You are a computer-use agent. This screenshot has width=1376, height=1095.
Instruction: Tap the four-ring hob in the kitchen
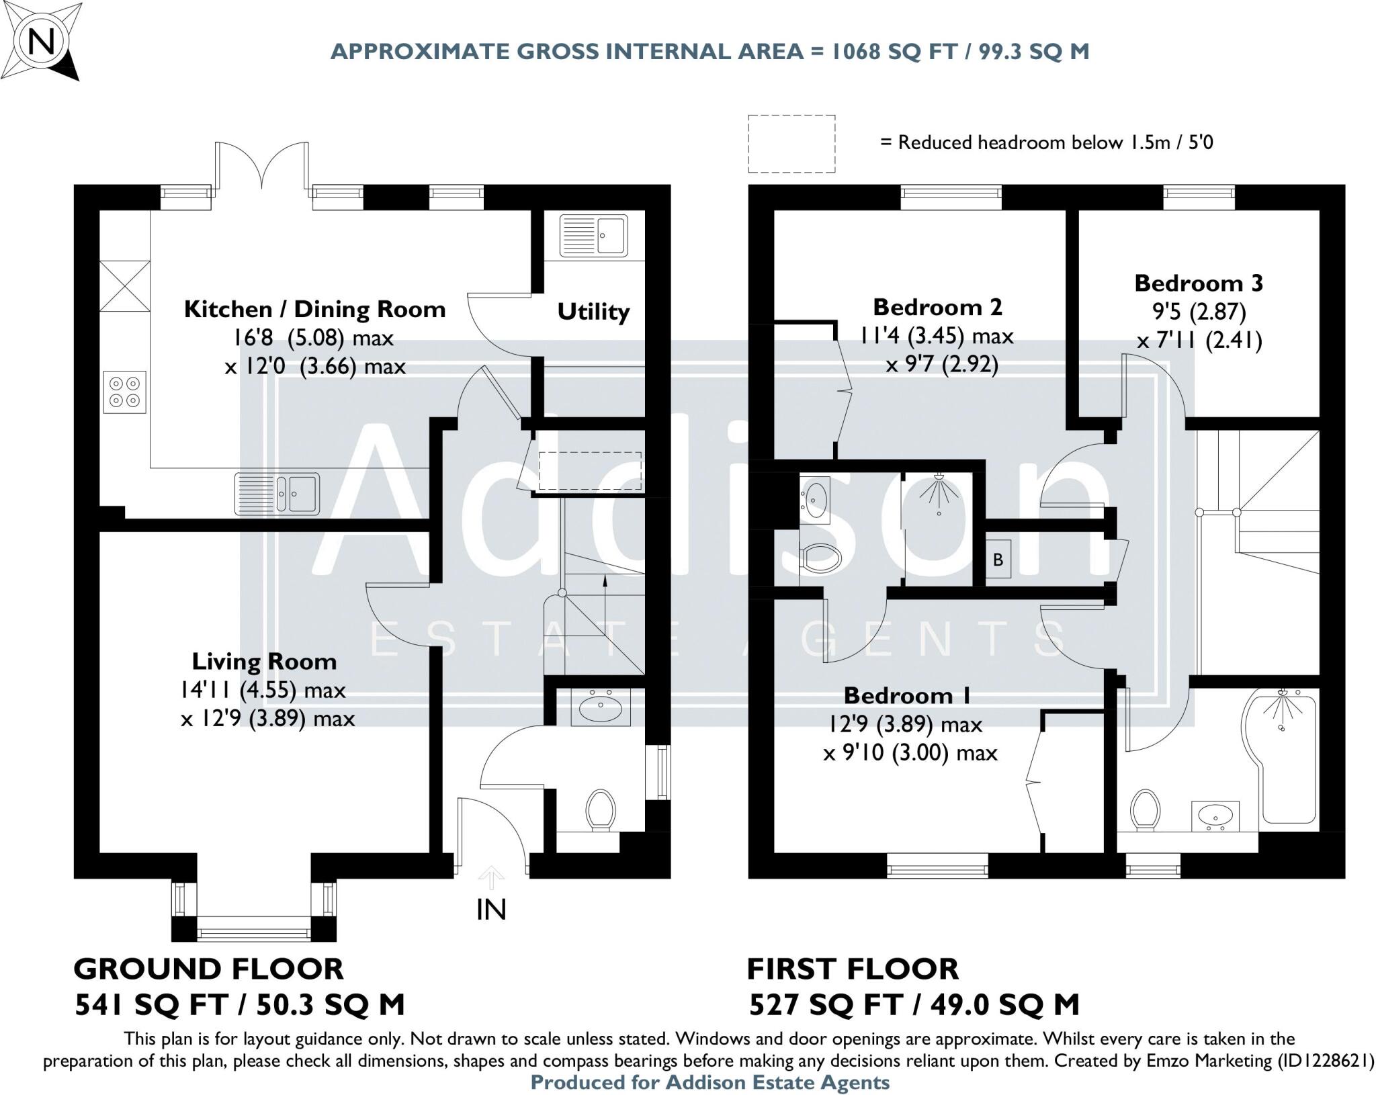pyautogui.click(x=125, y=392)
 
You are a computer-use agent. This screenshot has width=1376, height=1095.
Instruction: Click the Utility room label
pyautogui.click(x=593, y=312)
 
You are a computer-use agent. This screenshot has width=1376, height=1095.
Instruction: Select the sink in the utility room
pyautogui.click(x=593, y=235)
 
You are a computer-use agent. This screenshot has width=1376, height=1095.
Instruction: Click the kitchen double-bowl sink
pyautogui.click(x=277, y=494)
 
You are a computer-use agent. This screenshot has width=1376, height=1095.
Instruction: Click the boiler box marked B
pyautogui.click(x=998, y=559)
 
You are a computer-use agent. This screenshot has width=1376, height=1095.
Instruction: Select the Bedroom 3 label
pyautogui.click(x=1199, y=283)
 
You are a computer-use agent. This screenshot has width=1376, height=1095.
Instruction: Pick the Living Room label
pyautogui.click(x=264, y=661)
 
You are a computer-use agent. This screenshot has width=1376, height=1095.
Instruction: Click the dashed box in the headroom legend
pyautogui.click(x=791, y=143)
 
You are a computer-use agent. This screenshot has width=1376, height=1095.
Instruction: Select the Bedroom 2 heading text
pyautogui.click(x=937, y=307)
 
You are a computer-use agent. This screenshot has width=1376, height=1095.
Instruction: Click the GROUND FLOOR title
pyautogui.click(x=208, y=969)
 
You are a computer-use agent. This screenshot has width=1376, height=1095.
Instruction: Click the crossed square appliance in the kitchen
pyautogui.click(x=125, y=286)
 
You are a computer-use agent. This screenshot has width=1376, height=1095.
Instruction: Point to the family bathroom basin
pyautogui.click(x=1215, y=816)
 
